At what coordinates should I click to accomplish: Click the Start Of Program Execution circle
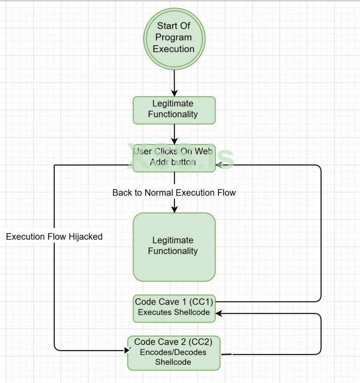pyautogui.click(x=174, y=38)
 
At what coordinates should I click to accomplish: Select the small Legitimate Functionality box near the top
pyautogui.click(x=174, y=110)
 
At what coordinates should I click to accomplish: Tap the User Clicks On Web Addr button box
pyautogui.click(x=174, y=157)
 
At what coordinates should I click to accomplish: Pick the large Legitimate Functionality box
pyautogui.click(x=174, y=247)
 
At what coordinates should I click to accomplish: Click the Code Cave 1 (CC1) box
pyautogui.click(x=174, y=308)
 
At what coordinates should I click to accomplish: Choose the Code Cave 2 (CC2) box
pyautogui.click(x=173, y=353)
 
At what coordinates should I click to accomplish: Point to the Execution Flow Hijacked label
pyautogui.click(x=54, y=237)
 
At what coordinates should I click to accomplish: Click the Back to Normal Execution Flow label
pyautogui.click(x=174, y=193)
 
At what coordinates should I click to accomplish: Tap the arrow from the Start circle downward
pyautogui.click(x=174, y=83)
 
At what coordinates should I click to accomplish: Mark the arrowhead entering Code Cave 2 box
pyautogui.click(x=127, y=350)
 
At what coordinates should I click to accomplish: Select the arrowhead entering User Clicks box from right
pyautogui.click(x=219, y=165)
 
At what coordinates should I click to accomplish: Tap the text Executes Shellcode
pyautogui.click(x=174, y=313)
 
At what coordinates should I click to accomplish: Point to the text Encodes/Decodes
pyautogui.click(x=173, y=352)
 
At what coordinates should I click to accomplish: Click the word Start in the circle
pyautogui.click(x=167, y=26)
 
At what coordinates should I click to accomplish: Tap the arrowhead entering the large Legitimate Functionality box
pyautogui.click(x=174, y=210)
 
